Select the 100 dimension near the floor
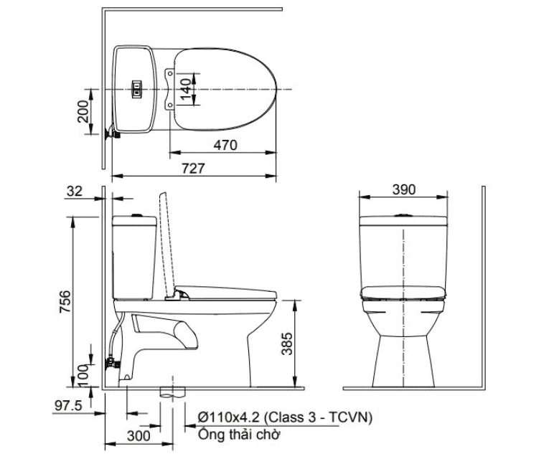point(83,372)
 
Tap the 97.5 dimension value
point(69,405)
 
